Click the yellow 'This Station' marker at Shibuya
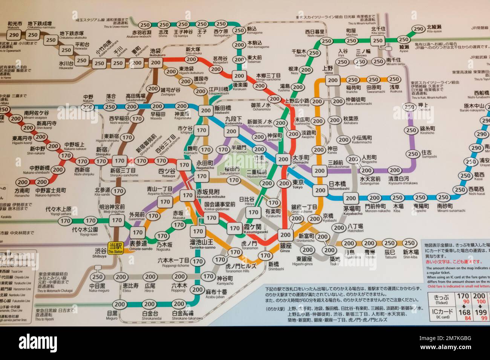coord(115,248)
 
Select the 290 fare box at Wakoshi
coord(14,35)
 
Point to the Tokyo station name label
coord(298,184)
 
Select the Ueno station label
coord(328,70)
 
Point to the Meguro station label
coord(112,315)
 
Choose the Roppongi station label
coord(179,287)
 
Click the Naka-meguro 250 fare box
coord(97,277)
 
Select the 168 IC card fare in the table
coord(464,312)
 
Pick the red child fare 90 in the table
coord(466,302)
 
